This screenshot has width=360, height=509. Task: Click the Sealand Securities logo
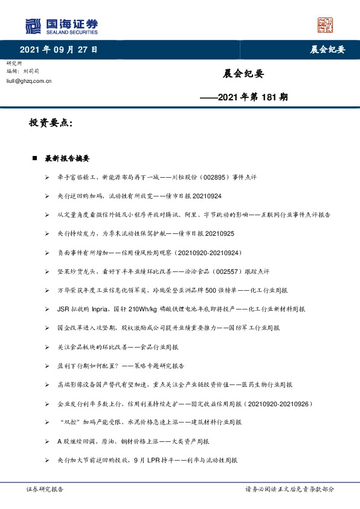(61, 27)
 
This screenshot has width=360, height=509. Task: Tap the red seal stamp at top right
(326, 25)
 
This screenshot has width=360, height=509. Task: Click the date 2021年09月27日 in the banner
(58, 50)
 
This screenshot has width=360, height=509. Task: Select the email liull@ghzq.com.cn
(28, 80)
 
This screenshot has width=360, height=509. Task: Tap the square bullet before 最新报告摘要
(35, 158)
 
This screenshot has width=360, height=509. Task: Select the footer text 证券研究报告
(44, 489)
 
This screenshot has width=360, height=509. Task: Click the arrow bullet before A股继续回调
(48, 441)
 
